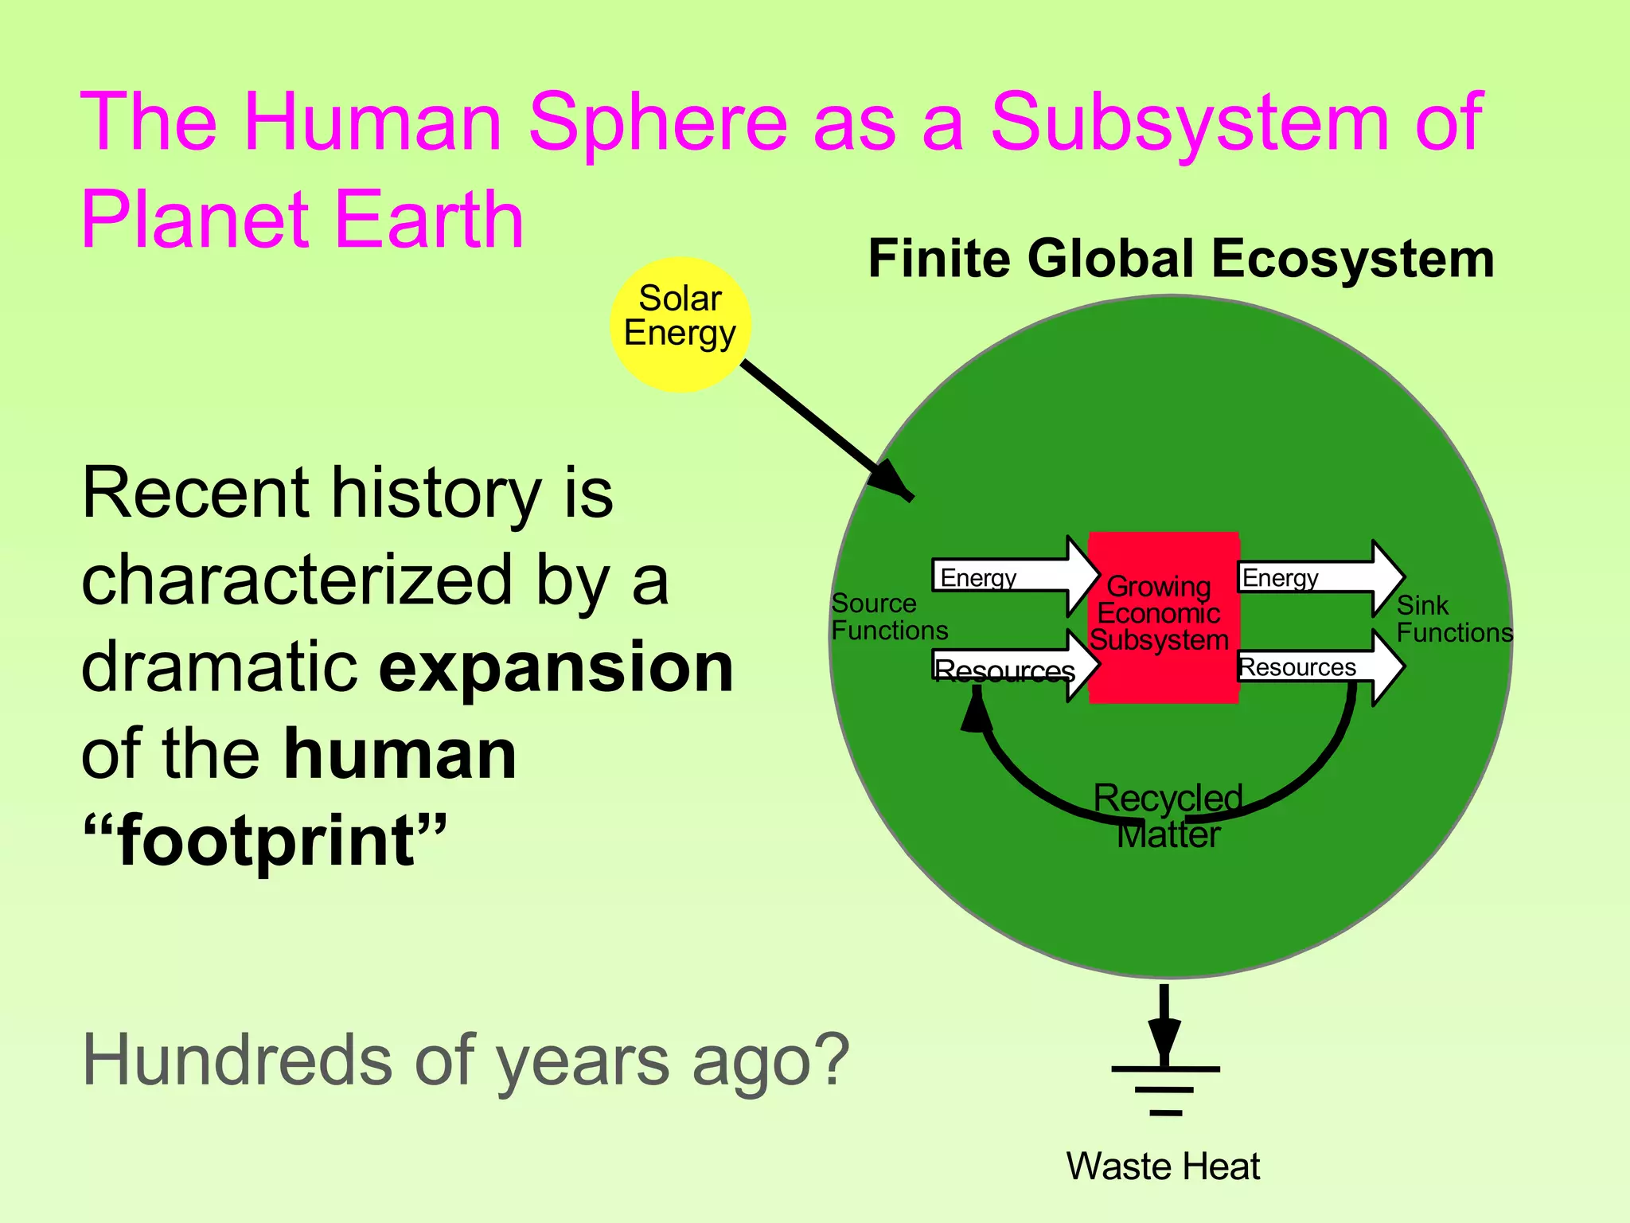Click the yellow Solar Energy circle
click(680, 324)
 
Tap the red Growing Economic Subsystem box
click(1163, 616)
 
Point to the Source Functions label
click(889, 617)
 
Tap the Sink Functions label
click(1454, 619)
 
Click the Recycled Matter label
click(1168, 816)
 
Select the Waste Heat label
click(1163, 1166)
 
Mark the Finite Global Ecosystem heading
click(1181, 259)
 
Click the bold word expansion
click(556, 667)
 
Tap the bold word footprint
click(267, 841)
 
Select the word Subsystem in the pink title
click(1189, 122)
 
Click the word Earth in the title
click(428, 220)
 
